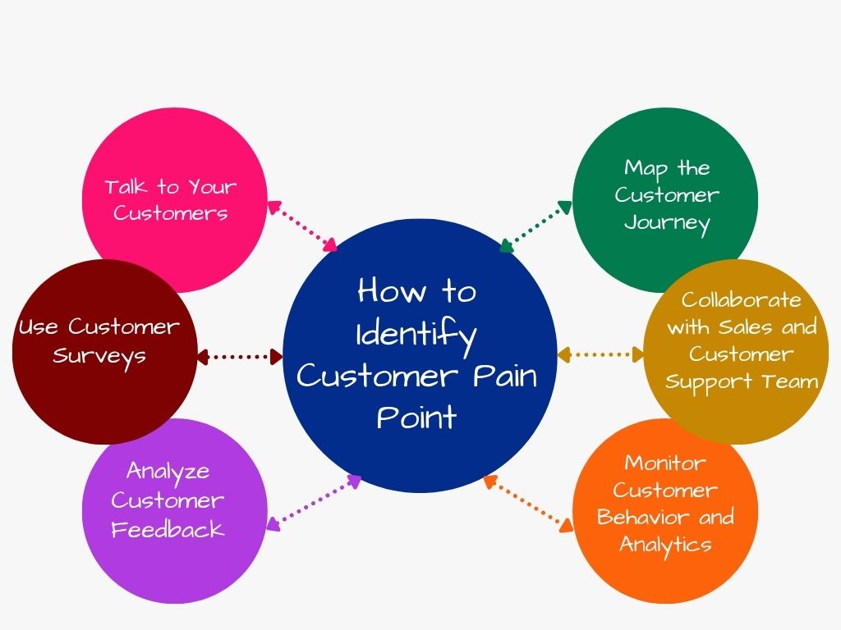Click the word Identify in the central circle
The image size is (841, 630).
point(416,335)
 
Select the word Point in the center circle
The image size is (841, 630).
point(416,418)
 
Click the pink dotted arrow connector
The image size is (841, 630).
point(303,226)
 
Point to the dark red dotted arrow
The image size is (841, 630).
point(240,356)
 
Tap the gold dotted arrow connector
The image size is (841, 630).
point(600,355)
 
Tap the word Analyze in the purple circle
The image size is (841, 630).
point(168,472)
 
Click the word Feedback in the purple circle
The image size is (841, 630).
point(168,530)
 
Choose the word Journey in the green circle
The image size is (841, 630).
point(666,223)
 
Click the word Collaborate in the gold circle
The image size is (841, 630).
point(741,299)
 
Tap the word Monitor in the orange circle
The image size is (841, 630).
point(665,463)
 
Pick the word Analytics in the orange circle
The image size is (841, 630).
point(665,544)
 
